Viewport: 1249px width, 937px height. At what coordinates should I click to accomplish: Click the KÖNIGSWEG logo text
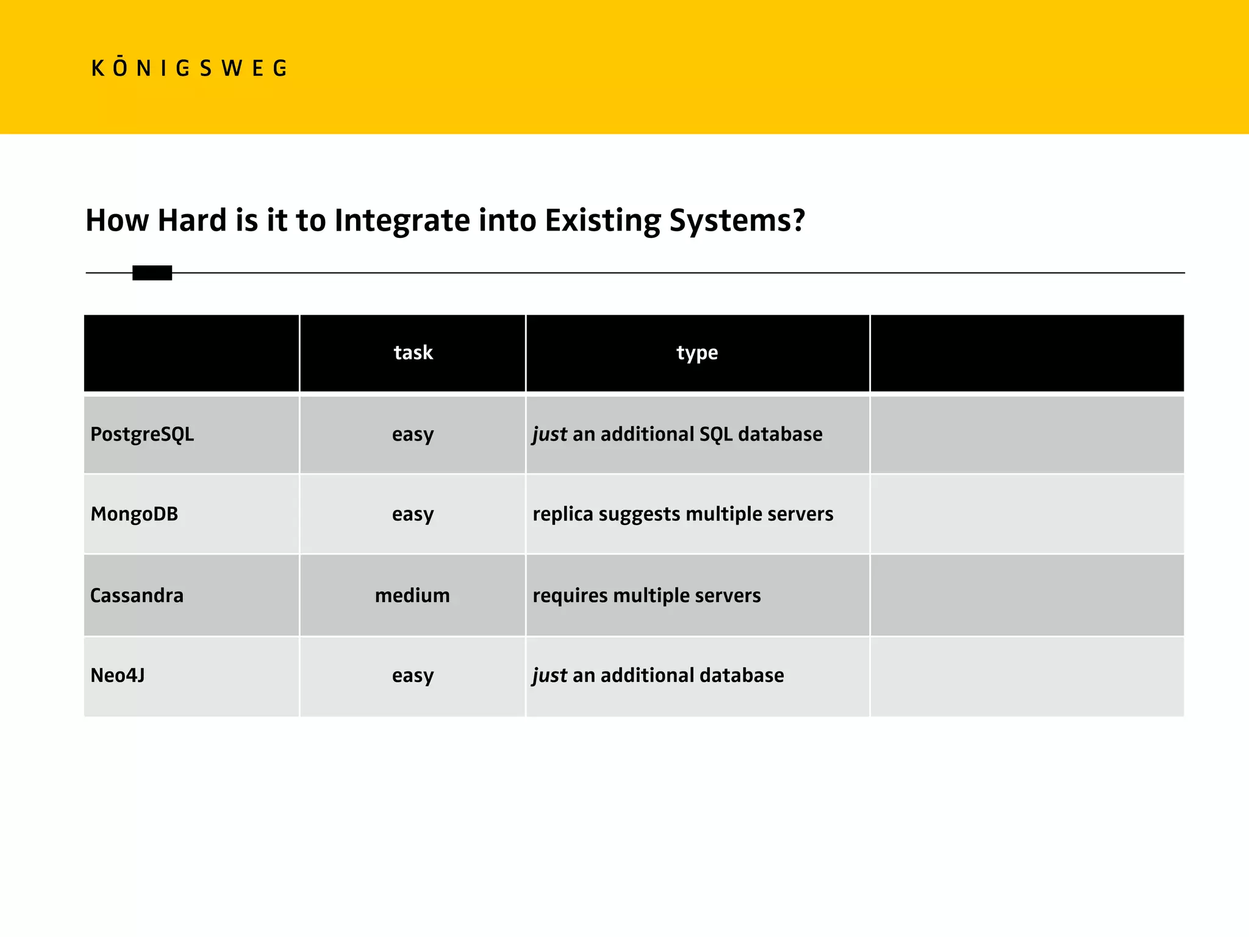pos(188,68)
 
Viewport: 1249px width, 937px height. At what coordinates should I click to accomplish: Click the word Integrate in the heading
pos(402,221)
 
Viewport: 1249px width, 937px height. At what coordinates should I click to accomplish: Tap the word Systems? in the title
pos(737,221)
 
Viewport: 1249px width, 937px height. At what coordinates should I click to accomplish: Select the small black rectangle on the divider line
pos(152,273)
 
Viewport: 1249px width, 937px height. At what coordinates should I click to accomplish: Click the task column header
pos(413,353)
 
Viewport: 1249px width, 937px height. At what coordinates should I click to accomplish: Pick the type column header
pos(697,353)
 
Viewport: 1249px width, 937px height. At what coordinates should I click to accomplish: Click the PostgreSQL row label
pos(142,434)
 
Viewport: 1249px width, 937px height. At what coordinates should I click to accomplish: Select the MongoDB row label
pos(134,514)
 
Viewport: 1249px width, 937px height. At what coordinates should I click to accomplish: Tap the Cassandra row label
pos(137,595)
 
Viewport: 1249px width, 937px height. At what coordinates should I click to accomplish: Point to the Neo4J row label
pos(118,675)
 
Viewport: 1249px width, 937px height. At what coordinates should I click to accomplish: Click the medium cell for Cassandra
pos(412,595)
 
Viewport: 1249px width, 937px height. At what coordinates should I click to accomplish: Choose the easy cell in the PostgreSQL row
pos(413,434)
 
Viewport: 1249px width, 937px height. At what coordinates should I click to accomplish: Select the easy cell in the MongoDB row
pos(413,514)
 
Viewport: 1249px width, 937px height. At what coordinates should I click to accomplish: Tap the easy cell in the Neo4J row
pos(413,675)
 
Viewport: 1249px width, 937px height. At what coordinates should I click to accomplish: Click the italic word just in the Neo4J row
pos(549,675)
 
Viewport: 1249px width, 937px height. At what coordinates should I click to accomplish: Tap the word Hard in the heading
pos(192,221)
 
